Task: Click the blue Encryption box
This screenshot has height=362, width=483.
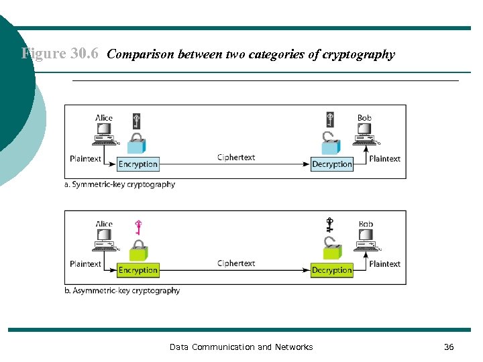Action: pos(138,164)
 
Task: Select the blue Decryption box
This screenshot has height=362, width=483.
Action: pos(332,164)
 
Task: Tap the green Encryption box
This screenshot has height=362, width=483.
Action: pos(138,270)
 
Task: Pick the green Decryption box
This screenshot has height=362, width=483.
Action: pos(331,270)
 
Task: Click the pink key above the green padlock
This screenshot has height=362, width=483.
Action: pos(139,229)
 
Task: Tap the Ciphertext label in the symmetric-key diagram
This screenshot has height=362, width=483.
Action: pos(236,158)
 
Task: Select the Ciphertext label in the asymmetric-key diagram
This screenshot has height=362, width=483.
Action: pos(236,263)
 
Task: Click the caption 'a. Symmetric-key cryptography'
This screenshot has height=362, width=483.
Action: pos(119,184)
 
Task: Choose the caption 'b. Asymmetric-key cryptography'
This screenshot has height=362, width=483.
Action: pos(122,291)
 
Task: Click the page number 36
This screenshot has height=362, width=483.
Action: pos(449,347)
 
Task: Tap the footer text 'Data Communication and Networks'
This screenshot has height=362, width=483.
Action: pos(241,347)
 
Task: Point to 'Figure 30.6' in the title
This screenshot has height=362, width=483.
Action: pos(61,54)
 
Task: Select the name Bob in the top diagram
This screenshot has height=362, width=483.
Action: pos(364,118)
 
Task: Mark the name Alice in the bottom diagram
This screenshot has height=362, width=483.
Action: pos(104,224)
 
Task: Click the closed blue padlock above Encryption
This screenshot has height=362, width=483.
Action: pos(138,144)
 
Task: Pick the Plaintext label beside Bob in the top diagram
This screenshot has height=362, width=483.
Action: pos(384,159)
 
